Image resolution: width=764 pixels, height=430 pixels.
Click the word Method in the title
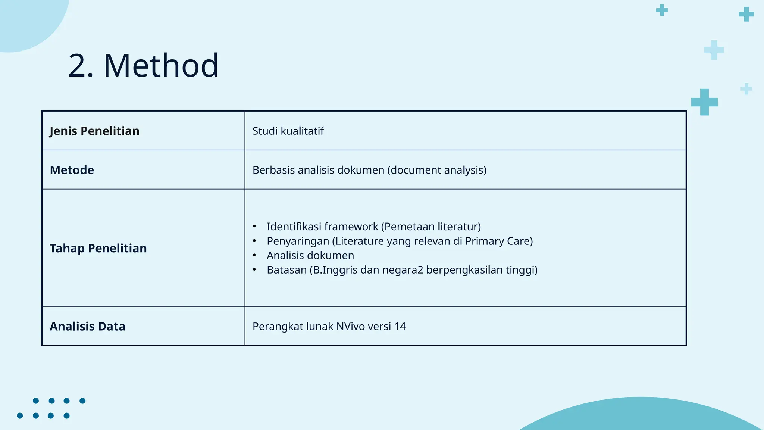coord(161,66)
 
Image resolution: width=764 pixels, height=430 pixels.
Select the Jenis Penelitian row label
coord(94,131)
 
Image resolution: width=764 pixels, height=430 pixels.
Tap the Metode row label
coord(72,170)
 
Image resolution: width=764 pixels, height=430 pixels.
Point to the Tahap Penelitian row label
coord(98,248)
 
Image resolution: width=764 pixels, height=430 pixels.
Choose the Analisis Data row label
coord(87,327)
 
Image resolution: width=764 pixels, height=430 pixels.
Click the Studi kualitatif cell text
coord(288,131)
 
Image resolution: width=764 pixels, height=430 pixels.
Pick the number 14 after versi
coord(400,327)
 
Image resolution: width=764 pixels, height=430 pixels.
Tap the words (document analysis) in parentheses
coord(437,170)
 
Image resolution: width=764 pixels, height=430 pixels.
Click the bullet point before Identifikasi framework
coord(254,227)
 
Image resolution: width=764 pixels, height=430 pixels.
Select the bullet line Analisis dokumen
coord(310,256)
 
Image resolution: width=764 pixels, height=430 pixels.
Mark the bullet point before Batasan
coord(254,270)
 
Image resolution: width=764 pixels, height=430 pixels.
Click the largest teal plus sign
coord(704,102)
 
